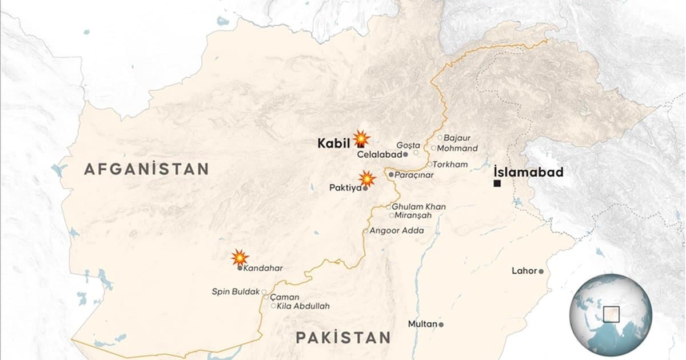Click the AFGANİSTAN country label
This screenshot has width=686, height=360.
[147, 169]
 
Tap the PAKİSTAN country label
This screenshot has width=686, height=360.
[343, 337]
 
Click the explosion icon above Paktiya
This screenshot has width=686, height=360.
[368, 179]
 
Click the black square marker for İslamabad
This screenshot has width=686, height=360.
[497, 183]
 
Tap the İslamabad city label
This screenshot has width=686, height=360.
[529, 172]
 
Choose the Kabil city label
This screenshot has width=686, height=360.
[334, 143]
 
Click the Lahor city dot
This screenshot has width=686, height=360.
[541, 271]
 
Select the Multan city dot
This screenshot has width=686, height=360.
[441, 324]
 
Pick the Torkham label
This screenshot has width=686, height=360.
[452, 165]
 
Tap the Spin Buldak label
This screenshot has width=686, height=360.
[236, 291]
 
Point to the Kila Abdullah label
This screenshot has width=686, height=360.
[304, 306]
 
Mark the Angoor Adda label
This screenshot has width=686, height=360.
[397, 231]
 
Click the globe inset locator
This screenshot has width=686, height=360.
[611, 315]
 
